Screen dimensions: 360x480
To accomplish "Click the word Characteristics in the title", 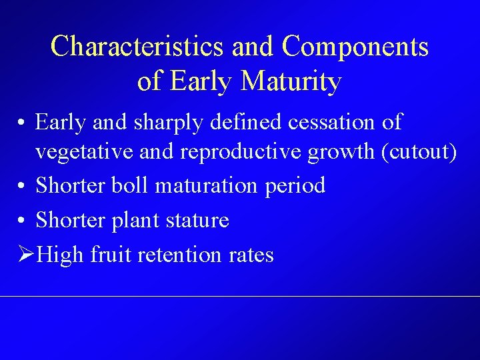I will [x=137, y=47].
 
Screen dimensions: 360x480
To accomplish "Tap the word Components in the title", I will [x=355, y=47].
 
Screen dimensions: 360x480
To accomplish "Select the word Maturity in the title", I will [x=292, y=81].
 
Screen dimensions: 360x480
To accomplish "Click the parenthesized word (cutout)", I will [x=418, y=152].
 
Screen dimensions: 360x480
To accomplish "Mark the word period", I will [x=295, y=186].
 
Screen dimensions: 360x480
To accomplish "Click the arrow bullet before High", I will [x=26, y=255].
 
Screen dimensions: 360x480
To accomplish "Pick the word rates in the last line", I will [x=252, y=255].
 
